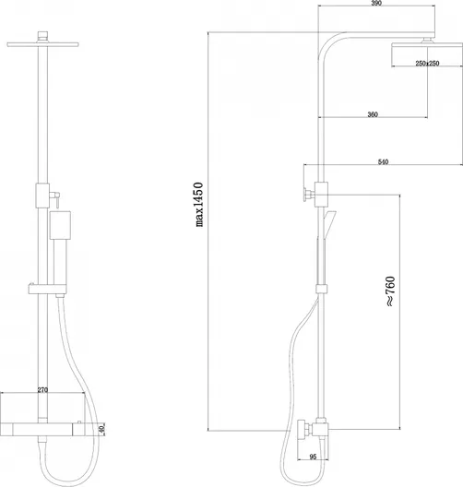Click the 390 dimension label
coord(376,3)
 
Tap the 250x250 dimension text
coord(427,63)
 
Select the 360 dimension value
coord(373,114)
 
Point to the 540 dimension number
coord(383,161)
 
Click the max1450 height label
coord(199,205)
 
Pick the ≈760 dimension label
coord(390,291)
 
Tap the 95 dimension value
coord(313,457)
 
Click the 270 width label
coord(42,390)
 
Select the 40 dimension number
coord(102,430)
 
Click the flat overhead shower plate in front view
coord(42,44)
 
